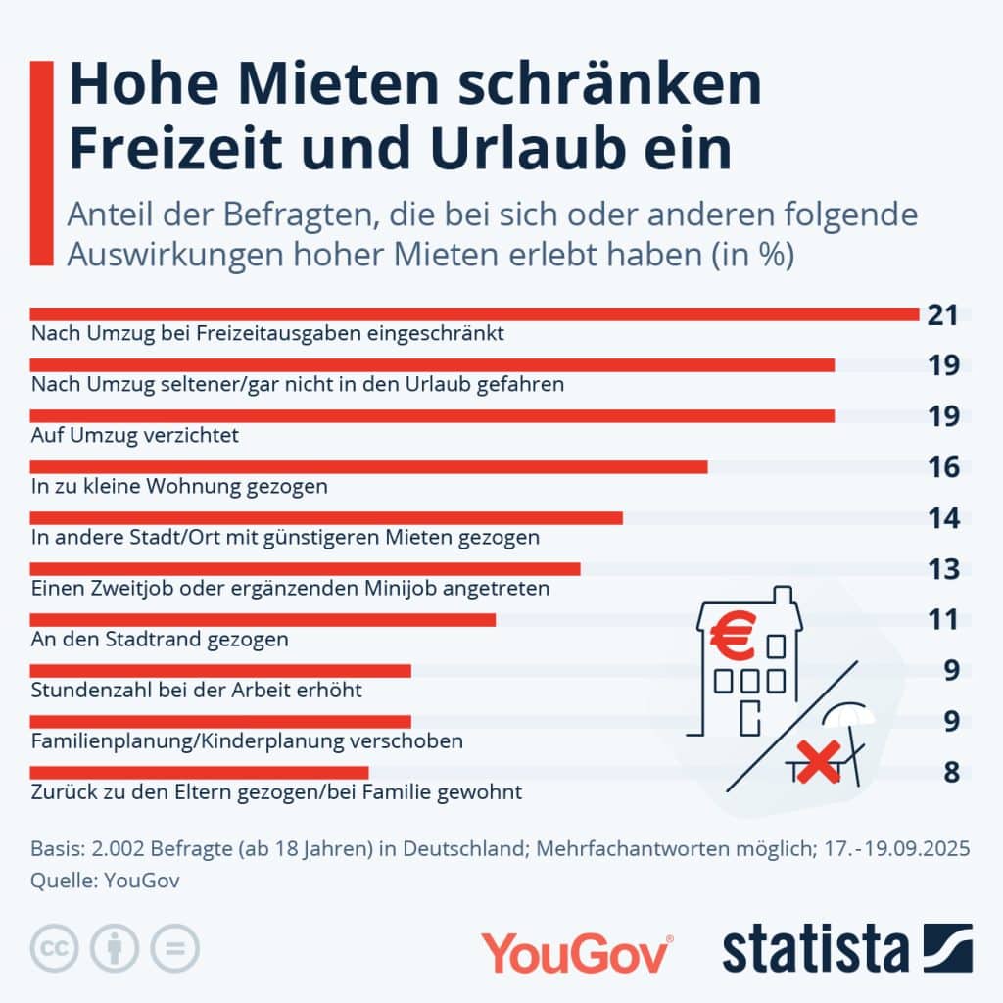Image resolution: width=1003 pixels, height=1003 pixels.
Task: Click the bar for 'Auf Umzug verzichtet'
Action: pos(432,416)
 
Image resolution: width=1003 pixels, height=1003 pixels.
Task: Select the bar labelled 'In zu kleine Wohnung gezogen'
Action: pos(368,467)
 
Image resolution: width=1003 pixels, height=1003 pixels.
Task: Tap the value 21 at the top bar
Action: pos(941,315)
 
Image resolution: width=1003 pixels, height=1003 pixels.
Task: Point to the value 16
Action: pos(943,467)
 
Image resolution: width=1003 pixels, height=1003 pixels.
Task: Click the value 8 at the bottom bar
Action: pos(951,772)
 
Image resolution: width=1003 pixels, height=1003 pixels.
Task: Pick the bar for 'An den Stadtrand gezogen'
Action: pos(263,619)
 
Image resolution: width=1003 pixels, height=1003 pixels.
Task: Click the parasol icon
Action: pos(849,726)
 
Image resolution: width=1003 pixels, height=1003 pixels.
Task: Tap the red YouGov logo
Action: pos(577,953)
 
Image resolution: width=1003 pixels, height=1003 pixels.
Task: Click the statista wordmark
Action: pos(816,950)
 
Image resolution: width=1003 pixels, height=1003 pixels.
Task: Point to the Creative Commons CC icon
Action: pos(55,947)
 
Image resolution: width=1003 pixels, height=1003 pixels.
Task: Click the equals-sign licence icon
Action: pos(174,947)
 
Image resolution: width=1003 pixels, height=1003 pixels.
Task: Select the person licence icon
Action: pos(115,947)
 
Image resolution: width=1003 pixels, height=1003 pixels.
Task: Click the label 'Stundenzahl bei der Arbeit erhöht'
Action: pos(197,691)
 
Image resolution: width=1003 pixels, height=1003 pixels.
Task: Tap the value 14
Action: pos(943,518)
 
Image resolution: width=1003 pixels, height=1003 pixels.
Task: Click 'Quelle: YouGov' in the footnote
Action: pos(106,881)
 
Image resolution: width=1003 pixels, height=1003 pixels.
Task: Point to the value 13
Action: pos(943,569)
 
